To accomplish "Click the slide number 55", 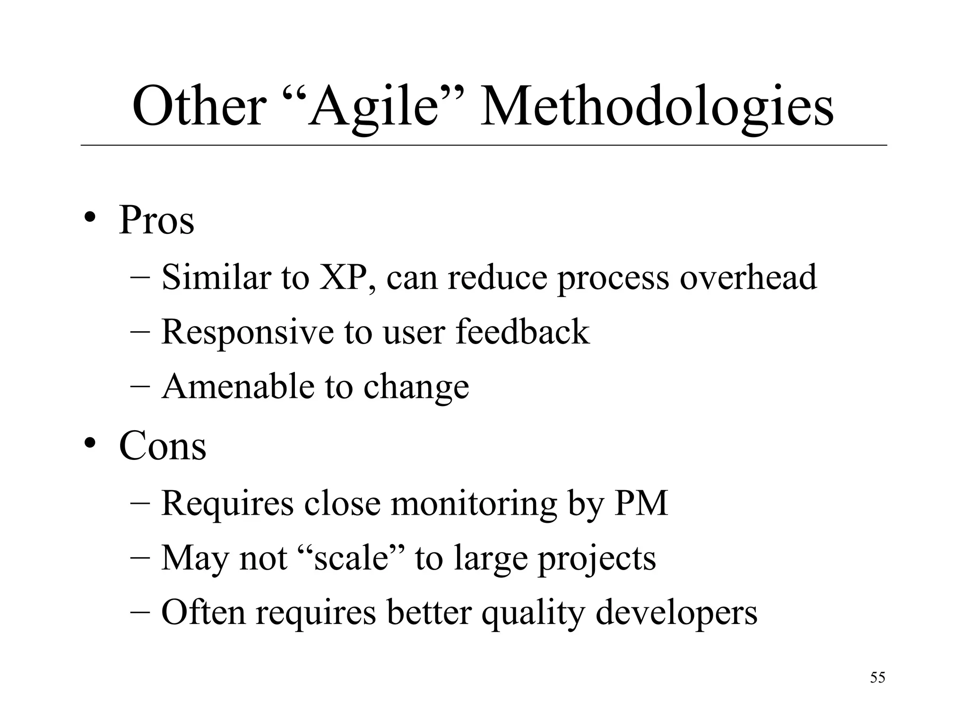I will tap(877, 677).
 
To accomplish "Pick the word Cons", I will tap(163, 445).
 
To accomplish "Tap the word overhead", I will tap(748, 277).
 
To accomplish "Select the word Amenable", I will tap(237, 386).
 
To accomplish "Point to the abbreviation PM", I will tap(641, 502).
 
